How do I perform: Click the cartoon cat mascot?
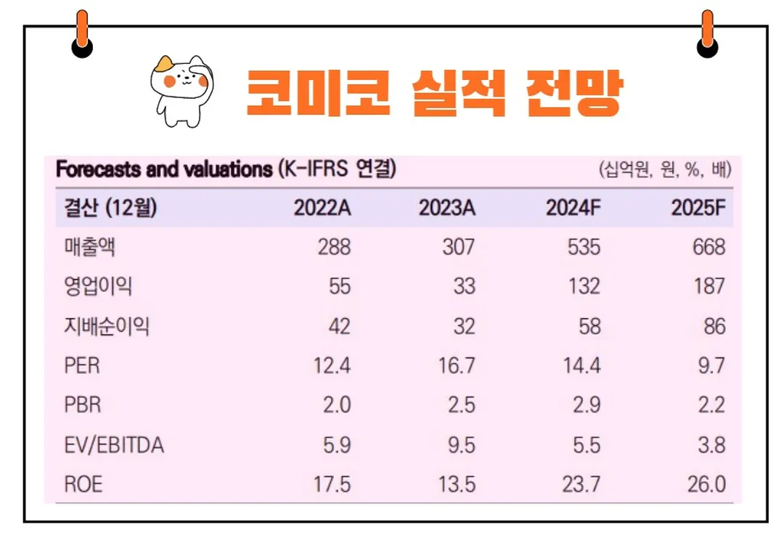tap(179, 88)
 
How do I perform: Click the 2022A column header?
tap(322, 208)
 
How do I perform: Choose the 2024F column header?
tap(573, 208)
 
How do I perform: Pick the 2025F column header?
tap(698, 208)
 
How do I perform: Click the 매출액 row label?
tap(89, 247)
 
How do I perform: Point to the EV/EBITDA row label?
tap(113, 444)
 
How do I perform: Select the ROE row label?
tap(83, 484)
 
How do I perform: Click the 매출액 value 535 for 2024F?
tap(584, 247)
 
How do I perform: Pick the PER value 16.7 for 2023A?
tap(457, 365)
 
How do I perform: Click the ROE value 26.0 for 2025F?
tap(706, 484)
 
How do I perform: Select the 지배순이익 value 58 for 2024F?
tap(589, 326)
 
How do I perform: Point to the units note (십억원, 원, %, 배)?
tap(663, 171)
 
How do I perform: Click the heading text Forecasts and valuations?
tap(164, 170)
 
